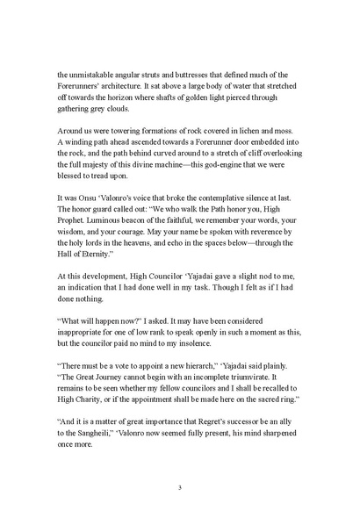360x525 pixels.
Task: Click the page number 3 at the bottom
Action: (x=179, y=487)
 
